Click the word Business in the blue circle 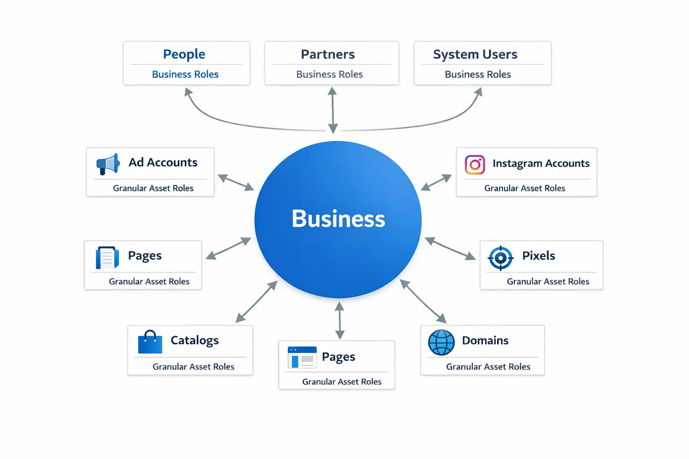[338, 219]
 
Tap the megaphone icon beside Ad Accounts [108, 164]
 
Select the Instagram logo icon [475, 165]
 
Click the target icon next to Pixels [500, 258]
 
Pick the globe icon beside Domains [441, 342]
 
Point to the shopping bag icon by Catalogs [150, 342]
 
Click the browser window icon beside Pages [302, 357]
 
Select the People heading [184, 54]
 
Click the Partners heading [327, 54]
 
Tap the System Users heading [475, 54]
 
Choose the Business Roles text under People [185, 74]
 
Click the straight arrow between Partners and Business [332, 110]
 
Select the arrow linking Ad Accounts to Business [235, 182]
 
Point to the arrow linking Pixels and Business [450, 248]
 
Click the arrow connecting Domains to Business [423, 301]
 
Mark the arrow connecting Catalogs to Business [257, 302]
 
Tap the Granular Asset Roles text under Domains [488, 367]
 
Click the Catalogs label [195, 341]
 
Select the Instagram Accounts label [541, 164]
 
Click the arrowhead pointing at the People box [188, 91]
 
